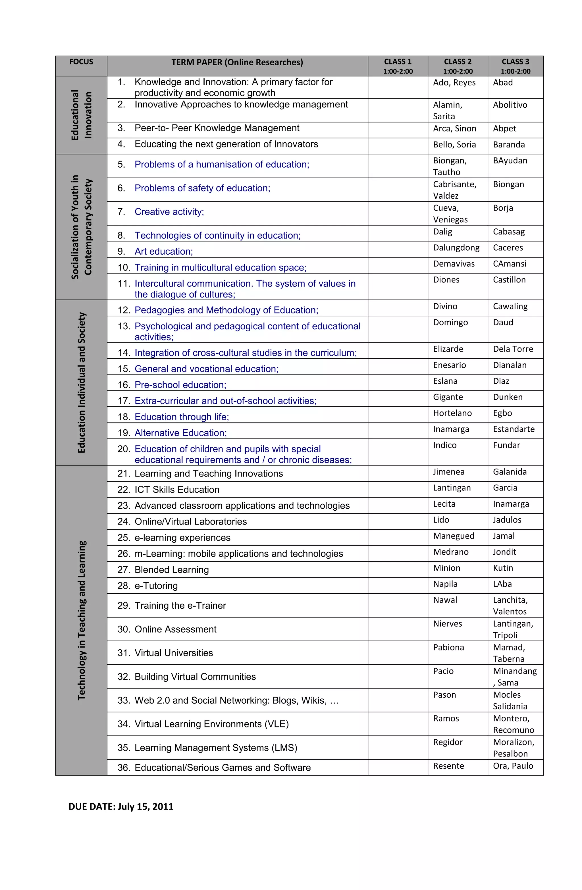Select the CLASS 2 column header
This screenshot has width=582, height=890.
coord(458,66)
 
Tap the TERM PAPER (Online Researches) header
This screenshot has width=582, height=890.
coord(237,62)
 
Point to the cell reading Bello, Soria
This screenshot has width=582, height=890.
coord(454,145)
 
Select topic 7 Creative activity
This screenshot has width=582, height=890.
coord(169,212)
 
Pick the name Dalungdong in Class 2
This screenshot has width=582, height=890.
coord(456,248)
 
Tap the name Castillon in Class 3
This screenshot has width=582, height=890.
coord(509,280)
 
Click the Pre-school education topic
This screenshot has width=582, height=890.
coord(180,385)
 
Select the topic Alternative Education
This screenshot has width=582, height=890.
coord(180,433)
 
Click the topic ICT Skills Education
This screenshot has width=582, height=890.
coord(176,490)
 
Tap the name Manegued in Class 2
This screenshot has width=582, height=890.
coord(453,536)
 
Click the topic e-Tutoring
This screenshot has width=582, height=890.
coord(156,586)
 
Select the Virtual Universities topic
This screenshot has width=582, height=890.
coord(174,653)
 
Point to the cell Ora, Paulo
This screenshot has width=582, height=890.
coord(512,766)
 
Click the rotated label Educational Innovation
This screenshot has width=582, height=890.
coord(81,115)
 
